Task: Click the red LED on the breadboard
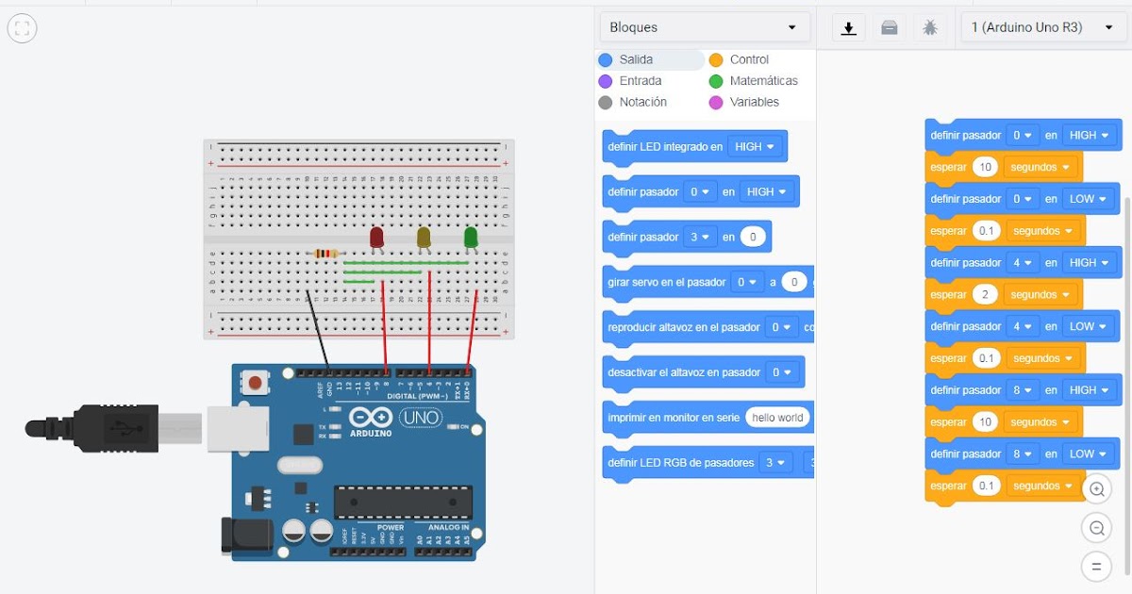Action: pyautogui.click(x=376, y=237)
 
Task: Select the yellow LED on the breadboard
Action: pyautogui.click(x=424, y=237)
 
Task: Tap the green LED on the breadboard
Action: pyautogui.click(x=471, y=237)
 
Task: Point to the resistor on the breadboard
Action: pyautogui.click(x=325, y=253)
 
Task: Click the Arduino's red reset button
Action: pyautogui.click(x=253, y=382)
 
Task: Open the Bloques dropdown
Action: pyautogui.click(x=704, y=27)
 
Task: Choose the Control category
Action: pyautogui.click(x=748, y=59)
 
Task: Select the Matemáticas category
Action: pyautogui.click(x=762, y=81)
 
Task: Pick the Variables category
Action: pyautogui.click(x=754, y=102)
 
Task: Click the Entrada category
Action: pyautogui.click(x=641, y=81)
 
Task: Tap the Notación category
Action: pyautogui.click(x=641, y=102)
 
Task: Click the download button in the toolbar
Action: pyautogui.click(x=848, y=28)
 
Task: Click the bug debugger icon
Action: pyautogui.click(x=930, y=28)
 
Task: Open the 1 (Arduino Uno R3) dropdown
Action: pyautogui.click(x=1042, y=27)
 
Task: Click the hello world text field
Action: pyautogui.click(x=777, y=418)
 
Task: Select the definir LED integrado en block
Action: pyautogui.click(x=665, y=147)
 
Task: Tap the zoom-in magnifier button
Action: pyautogui.click(x=1096, y=489)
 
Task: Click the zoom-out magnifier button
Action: pyautogui.click(x=1096, y=528)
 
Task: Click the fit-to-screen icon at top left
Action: pyautogui.click(x=23, y=29)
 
